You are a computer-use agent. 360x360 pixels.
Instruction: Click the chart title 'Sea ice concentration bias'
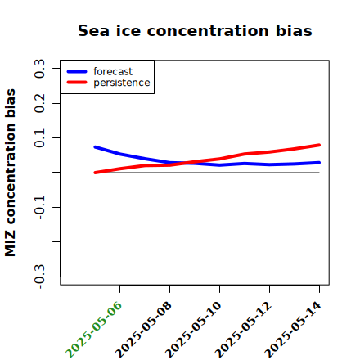(x=195, y=30)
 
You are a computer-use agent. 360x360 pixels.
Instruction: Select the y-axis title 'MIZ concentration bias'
(x=10, y=173)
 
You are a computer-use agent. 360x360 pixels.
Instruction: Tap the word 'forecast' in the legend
(x=113, y=71)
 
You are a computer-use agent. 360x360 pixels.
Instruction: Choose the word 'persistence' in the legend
(x=122, y=83)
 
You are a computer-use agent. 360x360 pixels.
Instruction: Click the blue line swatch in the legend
(x=77, y=71)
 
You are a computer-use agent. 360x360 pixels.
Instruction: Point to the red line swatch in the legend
(x=77, y=83)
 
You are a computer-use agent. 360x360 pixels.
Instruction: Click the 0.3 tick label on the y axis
(x=39, y=69)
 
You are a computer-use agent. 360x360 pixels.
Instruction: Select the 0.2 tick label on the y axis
(x=39, y=103)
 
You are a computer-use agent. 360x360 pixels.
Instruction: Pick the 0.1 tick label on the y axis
(x=39, y=138)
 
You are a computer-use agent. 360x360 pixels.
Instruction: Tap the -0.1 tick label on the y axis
(x=39, y=207)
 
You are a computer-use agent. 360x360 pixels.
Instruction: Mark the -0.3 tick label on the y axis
(x=39, y=277)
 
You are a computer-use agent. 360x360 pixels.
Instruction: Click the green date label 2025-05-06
(x=93, y=330)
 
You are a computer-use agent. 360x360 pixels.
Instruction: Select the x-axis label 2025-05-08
(x=143, y=330)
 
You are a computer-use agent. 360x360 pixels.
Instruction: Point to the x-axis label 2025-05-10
(x=193, y=330)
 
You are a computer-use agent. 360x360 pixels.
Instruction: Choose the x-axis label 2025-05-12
(x=243, y=330)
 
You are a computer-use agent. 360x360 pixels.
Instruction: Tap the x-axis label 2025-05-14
(x=293, y=330)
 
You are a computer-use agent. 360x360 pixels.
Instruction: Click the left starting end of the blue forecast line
(x=95, y=147)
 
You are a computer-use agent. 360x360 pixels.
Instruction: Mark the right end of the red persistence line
(x=319, y=145)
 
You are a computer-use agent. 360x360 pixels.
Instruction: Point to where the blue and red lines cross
(x=186, y=163)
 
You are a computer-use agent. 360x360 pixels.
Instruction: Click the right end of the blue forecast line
(x=319, y=163)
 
